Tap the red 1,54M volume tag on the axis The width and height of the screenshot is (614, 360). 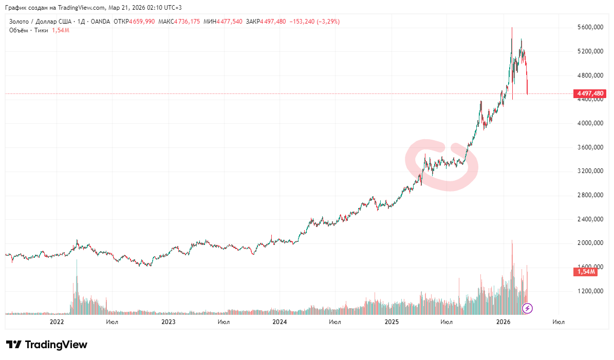585,272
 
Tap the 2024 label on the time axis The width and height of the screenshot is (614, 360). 280,322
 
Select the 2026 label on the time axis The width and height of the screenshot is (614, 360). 503,322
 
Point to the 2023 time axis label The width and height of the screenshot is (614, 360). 168,322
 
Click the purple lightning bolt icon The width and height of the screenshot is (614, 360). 527,308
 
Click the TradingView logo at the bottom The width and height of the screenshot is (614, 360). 47,345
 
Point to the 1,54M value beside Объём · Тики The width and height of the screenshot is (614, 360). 61,30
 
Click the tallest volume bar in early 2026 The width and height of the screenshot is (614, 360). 512,277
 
